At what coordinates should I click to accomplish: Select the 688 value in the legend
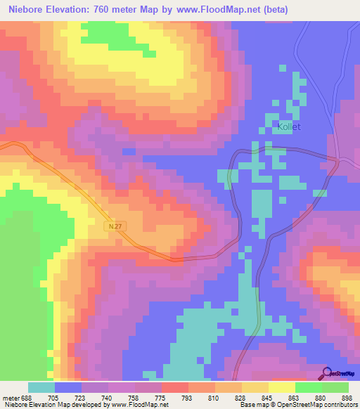(x=27, y=397)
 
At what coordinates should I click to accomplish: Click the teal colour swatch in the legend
(x=41, y=387)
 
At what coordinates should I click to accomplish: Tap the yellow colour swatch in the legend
(x=282, y=387)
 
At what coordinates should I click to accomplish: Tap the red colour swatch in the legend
(x=175, y=387)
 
